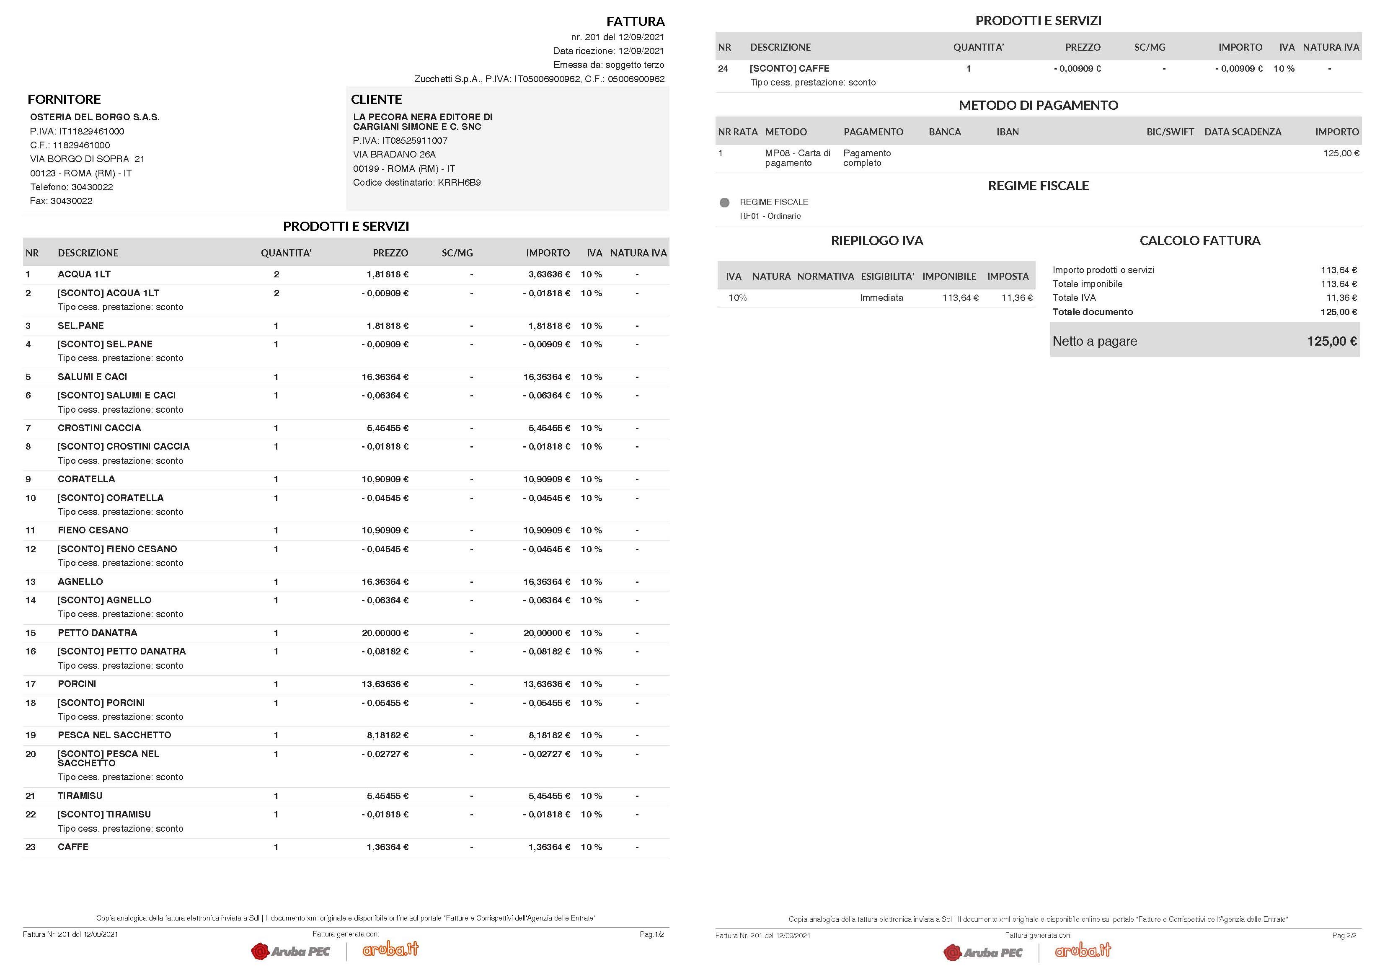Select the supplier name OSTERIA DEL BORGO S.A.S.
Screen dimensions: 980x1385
95,117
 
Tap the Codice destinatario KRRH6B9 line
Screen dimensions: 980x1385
417,183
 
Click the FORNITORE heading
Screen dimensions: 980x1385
64,100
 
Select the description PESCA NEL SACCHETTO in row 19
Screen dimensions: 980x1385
115,735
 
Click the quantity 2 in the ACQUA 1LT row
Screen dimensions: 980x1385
276,274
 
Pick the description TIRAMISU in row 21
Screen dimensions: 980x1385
80,796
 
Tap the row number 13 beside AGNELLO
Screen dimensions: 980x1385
31,582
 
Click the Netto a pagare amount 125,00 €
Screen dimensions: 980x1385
1332,341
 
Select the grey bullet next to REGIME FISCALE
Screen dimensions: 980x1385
724,203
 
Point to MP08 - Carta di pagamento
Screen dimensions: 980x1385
798,158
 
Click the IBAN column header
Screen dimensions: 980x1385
1008,132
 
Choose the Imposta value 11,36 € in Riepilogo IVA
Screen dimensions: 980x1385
1017,298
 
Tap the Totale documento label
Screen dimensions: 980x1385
1093,312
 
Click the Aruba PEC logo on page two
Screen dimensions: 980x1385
983,953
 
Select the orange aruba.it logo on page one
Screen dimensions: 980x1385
390,950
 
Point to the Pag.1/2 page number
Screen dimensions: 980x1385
651,935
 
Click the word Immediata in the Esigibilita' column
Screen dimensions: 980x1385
881,298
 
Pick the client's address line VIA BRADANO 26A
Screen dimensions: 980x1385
395,155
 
